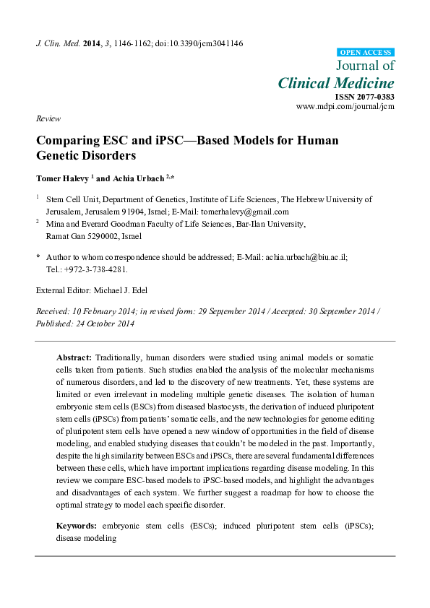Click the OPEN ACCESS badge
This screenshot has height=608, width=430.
click(366, 53)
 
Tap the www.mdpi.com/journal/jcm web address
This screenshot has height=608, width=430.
click(345, 106)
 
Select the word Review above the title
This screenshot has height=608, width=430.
click(48, 118)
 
